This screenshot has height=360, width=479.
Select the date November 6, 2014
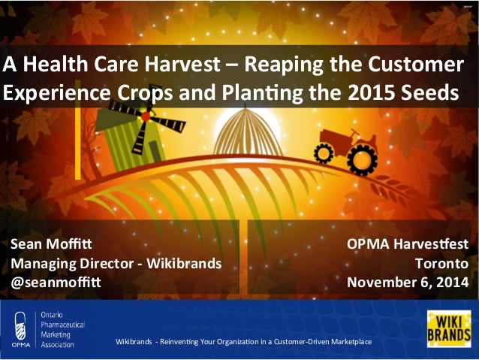point(408,283)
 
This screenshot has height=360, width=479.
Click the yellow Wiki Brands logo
point(448,328)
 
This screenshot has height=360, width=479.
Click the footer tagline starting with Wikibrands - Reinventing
point(243,343)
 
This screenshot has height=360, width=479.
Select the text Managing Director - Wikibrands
point(116,263)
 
